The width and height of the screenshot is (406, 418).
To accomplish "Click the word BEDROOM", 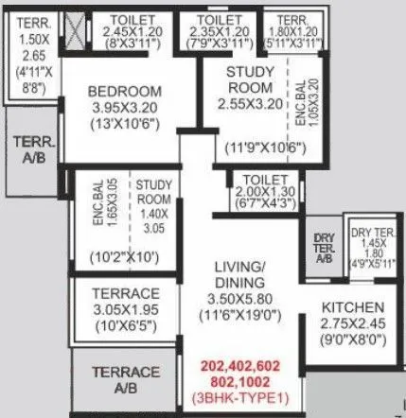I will pos(126,91).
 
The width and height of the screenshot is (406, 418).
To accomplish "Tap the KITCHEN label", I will pos(352,308).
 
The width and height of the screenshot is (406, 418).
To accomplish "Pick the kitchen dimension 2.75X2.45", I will pos(352,324).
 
